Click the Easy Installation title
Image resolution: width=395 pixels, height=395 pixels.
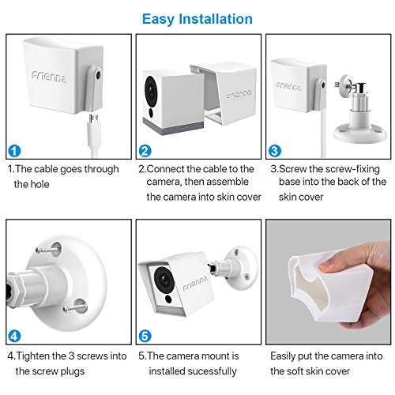[x=197, y=19]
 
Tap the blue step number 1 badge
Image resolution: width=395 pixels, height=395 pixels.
[x=14, y=151]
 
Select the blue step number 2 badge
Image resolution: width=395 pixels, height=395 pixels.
[x=145, y=151]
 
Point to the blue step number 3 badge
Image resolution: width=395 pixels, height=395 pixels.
[x=275, y=151]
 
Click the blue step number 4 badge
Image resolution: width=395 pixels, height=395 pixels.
[x=14, y=337]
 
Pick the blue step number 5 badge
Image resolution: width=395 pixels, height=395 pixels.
[x=145, y=337]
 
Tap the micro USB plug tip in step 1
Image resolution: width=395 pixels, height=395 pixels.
[x=94, y=118]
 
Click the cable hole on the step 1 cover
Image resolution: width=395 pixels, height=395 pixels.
[x=99, y=75]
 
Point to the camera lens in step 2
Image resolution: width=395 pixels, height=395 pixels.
[x=151, y=91]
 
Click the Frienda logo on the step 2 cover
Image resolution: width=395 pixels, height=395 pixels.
[x=239, y=94]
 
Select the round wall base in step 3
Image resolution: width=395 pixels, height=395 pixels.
[x=359, y=134]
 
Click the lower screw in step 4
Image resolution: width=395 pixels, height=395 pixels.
[x=74, y=307]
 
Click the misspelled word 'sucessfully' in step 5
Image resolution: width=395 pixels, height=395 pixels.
[x=213, y=371]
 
